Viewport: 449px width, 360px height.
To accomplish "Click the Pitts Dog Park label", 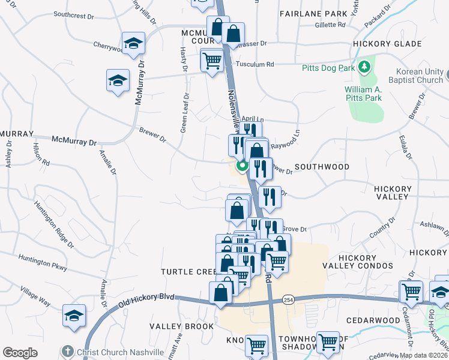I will click(x=330, y=65).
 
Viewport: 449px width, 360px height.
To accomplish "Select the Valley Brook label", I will click(x=181, y=326).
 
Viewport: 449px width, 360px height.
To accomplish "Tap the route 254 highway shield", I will click(x=289, y=299).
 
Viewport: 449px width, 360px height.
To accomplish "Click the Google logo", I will click(x=20, y=352).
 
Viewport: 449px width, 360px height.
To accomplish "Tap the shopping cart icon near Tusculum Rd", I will click(x=212, y=61).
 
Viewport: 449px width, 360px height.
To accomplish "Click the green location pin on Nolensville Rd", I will click(x=243, y=166).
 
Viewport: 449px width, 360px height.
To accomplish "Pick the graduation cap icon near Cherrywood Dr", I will click(x=133, y=43).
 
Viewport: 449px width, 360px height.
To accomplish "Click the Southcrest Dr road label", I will click(x=87, y=13).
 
